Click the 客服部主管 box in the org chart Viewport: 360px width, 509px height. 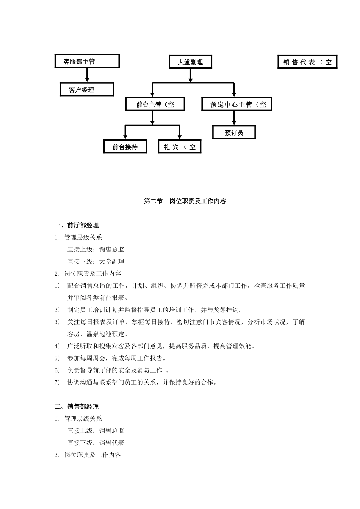click(87, 61)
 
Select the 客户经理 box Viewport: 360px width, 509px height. click(87, 90)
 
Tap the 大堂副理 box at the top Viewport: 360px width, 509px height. click(190, 62)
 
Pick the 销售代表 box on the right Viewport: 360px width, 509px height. click(307, 62)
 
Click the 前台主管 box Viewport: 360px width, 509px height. click(155, 105)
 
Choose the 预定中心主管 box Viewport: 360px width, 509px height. click(236, 105)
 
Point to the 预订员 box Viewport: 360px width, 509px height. click(234, 133)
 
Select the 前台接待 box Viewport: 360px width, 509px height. click(125, 147)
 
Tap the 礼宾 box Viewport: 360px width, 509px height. click(179, 147)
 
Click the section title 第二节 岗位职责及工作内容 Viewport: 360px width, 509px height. click(185, 201)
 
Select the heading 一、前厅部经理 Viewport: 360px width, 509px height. click(77, 225)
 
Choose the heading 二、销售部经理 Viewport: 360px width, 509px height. click(77, 407)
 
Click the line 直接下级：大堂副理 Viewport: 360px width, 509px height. click(95, 262)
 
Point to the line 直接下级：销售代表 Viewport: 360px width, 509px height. click(95, 443)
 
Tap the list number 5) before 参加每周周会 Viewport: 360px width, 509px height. click(57, 358)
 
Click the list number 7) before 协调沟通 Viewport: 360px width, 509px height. click(57, 383)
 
